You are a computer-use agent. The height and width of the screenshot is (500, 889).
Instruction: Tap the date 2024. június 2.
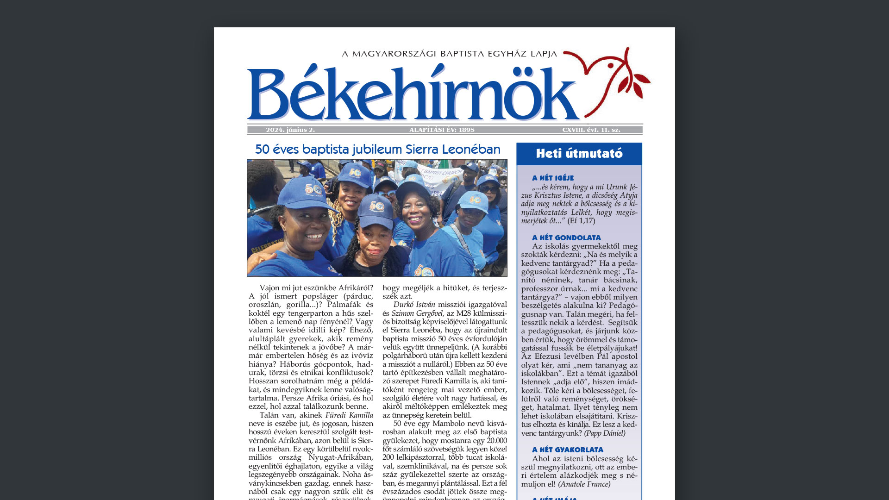pos(290,130)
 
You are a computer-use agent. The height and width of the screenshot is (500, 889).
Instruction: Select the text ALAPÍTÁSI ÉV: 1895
pos(442,130)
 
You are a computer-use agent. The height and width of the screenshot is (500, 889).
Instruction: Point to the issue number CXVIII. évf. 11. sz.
pos(591,130)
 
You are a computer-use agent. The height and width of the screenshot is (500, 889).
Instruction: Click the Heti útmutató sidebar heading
pos(579,154)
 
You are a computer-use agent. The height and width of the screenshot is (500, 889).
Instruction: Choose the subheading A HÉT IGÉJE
pos(553,178)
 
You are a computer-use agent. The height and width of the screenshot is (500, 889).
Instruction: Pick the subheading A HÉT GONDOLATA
pos(566,238)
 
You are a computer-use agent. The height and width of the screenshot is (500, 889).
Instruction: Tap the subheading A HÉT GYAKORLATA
pos(568,450)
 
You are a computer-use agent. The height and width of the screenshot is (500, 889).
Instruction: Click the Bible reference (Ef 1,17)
pos(581,221)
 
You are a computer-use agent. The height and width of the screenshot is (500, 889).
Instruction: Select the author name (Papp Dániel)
pos(605,433)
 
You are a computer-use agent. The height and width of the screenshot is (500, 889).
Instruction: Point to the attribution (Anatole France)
pos(584,484)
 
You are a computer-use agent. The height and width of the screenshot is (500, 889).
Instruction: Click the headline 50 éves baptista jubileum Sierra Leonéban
pos(377,150)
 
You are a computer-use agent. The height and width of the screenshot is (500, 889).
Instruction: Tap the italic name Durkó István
pos(414,305)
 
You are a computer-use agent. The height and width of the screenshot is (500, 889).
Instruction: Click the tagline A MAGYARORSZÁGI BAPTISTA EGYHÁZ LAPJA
pos(449,54)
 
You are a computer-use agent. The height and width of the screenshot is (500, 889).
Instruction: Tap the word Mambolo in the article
pos(449,424)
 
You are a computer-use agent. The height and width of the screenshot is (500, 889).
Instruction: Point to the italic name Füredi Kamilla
pos(349,415)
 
